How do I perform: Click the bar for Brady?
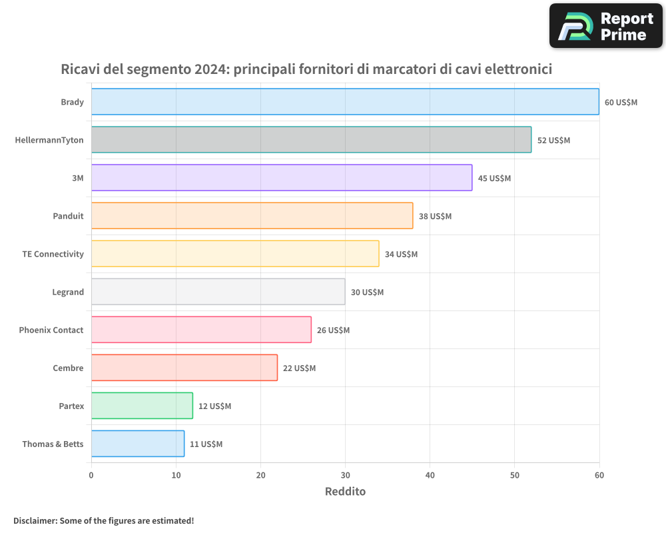coord(345,102)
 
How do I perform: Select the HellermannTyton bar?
coord(311,140)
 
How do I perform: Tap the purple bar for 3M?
coord(281,178)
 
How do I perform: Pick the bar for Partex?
coord(142,406)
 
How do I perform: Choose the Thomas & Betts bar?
coord(138,444)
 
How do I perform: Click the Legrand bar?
coord(218,292)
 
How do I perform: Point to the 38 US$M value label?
coord(435,217)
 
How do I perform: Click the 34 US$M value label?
coord(401,255)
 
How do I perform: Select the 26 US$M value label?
coord(333,330)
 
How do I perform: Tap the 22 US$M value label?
coord(299,368)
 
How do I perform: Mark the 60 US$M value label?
coord(621,103)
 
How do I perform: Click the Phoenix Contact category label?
coord(51,330)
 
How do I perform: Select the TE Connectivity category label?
coord(53,254)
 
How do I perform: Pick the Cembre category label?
coord(68,368)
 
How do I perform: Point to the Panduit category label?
coord(68,216)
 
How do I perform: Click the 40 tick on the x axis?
coord(430,475)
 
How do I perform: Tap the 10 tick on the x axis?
coord(176,475)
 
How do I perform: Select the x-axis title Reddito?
coord(345,492)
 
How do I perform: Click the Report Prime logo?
coord(605,26)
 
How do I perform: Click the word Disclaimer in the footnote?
coord(35,520)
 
